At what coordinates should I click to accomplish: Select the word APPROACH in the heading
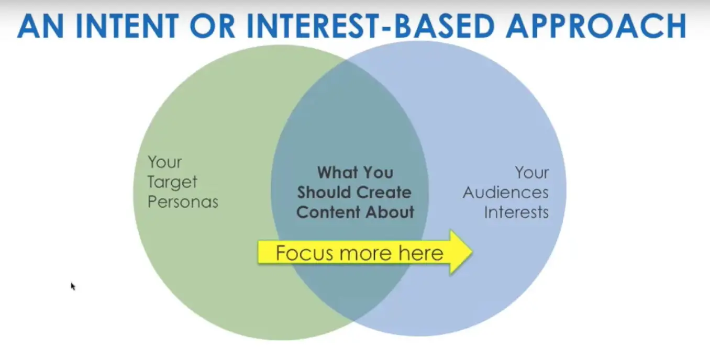pyautogui.click(x=596, y=26)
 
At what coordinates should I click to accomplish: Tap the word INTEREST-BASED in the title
pyautogui.click(x=370, y=26)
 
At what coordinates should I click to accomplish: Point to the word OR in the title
pyautogui.click(x=213, y=26)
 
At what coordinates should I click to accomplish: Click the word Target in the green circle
pyautogui.click(x=172, y=182)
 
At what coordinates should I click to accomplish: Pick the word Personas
pyautogui.click(x=183, y=201)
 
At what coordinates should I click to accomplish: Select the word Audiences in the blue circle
pyautogui.click(x=506, y=193)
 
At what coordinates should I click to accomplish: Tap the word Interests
pyautogui.click(x=516, y=212)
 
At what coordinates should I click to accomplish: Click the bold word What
pyautogui.click(x=337, y=173)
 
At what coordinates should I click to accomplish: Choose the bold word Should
pyautogui.click(x=324, y=192)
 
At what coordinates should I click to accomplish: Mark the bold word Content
pyautogui.click(x=328, y=212)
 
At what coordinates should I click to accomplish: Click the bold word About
pyautogui.click(x=390, y=212)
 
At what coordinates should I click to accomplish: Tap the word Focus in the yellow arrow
pyautogui.click(x=305, y=253)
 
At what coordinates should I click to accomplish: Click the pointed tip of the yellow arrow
pyautogui.click(x=472, y=252)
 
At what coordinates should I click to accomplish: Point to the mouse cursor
pyautogui.click(x=73, y=286)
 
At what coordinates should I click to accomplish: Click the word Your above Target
pyautogui.click(x=164, y=162)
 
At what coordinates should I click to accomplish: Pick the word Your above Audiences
pyautogui.click(x=531, y=173)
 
